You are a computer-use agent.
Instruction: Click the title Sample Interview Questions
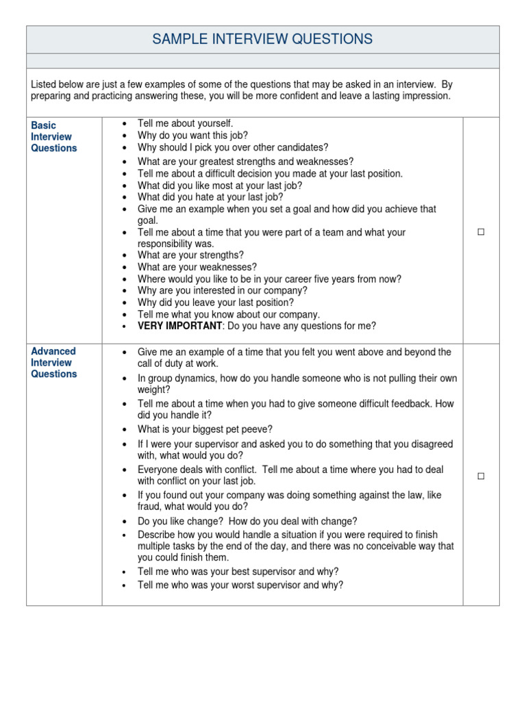coord(262,39)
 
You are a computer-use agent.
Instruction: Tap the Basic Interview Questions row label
coord(54,137)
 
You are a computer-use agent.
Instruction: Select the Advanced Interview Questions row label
coord(54,362)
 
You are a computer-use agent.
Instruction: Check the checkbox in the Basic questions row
coord(481,233)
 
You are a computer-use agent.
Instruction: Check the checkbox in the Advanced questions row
coord(481,476)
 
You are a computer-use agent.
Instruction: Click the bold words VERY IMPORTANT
coord(179,327)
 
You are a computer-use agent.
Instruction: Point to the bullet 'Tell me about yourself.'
coord(185,123)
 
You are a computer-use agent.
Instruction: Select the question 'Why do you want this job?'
coord(192,136)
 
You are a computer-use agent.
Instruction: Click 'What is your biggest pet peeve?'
coord(205,429)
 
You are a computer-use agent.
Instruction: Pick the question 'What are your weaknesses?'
coord(197,267)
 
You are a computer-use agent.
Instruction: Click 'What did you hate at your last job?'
coord(210,197)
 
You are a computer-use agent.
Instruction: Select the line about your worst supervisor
coord(240,585)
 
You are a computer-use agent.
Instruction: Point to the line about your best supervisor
coord(238,572)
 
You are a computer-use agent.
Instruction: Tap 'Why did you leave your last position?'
coord(216,303)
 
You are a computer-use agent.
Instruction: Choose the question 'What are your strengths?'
coord(190,255)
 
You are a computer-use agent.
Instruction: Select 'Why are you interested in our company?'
coord(223,290)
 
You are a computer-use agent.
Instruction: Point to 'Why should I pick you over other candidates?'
coord(233,147)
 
